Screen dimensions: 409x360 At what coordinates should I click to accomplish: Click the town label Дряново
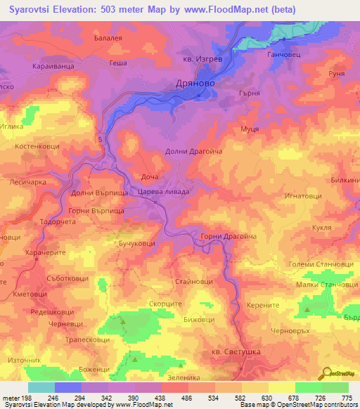195,83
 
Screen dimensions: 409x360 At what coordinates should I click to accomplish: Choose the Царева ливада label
163,190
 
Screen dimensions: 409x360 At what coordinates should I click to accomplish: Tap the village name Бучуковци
137,242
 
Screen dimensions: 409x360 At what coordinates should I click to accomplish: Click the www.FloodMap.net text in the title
225,9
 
